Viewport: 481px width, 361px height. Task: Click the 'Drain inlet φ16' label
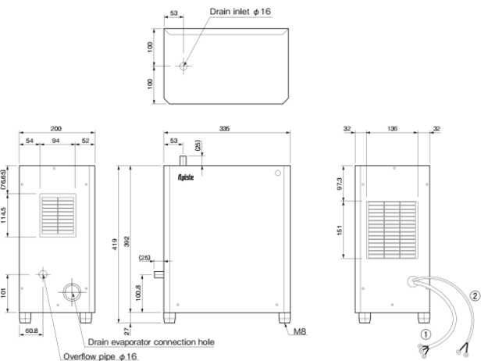(x=241, y=12)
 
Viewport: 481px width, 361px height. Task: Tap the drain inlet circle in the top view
(x=183, y=66)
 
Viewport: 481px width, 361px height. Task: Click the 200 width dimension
(x=56, y=128)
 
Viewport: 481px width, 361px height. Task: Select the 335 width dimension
(x=224, y=128)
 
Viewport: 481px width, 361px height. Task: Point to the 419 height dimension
(x=115, y=244)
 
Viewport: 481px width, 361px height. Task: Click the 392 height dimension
(x=127, y=241)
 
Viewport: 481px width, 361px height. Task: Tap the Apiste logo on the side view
(x=186, y=177)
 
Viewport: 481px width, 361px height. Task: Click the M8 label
(x=300, y=331)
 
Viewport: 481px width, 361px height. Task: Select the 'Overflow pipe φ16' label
(x=100, y=356)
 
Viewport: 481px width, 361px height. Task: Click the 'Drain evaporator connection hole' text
(x=151, y=342)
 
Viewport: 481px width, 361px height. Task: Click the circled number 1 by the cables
(x=426, y=334)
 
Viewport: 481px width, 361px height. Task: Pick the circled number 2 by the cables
(x=475, y=296)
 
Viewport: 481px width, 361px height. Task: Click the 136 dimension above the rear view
(x=392, y=128)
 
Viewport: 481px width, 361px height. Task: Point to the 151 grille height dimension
(x=339, y=231)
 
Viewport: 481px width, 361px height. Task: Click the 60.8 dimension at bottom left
(x=31, y=331)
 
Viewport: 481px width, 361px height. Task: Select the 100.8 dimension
(x=138, y=293)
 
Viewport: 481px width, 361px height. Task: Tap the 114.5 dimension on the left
(x=3, y=215)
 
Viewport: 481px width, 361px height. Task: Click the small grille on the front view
(x=58, y=215)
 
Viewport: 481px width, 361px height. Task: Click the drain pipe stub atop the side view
(x=183, y=160)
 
